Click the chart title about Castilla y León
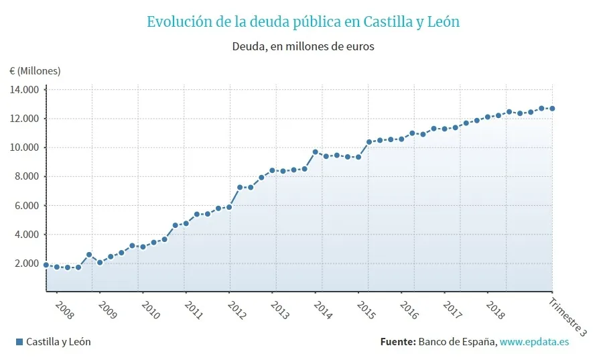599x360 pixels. pos(303,21)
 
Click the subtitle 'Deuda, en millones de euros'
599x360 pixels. pos(303,47)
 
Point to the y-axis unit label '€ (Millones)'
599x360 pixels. pos(35,70)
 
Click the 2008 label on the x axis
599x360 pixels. pos(64,310)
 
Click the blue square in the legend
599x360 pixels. pos(19,342)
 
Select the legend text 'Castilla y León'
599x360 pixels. pos(58,342)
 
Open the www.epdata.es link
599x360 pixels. pos(534,342)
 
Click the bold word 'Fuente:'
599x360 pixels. pos(397,342)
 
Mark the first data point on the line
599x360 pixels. pos(46,265)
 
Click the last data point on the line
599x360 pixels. pos(552,109)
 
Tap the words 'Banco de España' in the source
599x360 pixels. pos(456,342)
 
